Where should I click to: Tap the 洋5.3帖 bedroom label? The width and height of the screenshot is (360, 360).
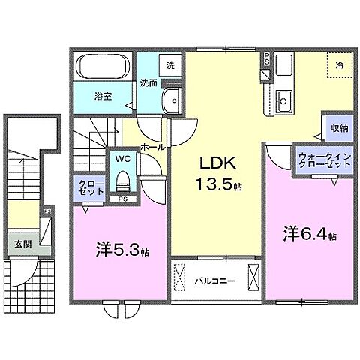(120, 250)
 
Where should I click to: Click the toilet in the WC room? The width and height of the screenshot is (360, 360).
(121, 181)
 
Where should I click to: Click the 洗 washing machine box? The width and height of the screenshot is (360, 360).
(170, 65)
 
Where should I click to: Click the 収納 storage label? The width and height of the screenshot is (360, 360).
(338, 128)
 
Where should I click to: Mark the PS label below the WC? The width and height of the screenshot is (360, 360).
(121, 199)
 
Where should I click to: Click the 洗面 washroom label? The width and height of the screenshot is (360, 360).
(147, 83)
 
